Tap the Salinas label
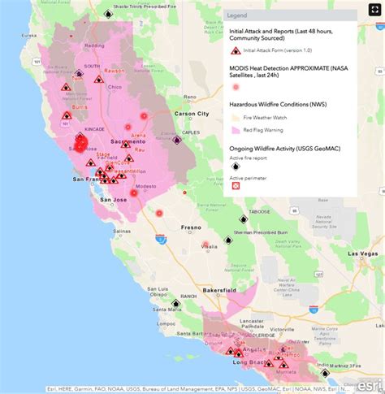pyautogui.click(x=122, y=232)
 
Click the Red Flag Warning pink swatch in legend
pyautogui.click(x=236, y=129)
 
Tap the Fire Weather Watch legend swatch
pyautogui.click(x=236, y=116)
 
